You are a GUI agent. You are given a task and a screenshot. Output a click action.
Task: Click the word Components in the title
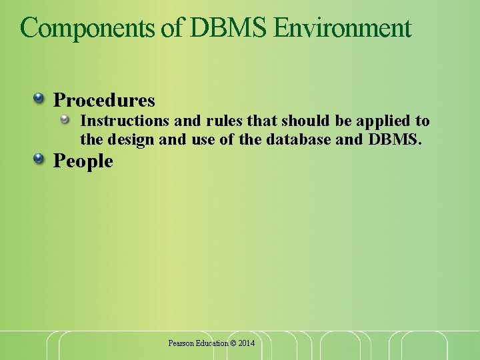click(x=89, y=28)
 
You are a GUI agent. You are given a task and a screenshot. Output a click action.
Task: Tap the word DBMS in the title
click(x=229, y=28)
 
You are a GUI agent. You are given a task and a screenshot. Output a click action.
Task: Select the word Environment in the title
click(x=342, y=28)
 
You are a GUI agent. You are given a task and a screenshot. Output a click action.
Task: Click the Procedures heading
click(x=104, y=100)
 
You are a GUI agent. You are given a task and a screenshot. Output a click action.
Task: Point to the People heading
click(x=83, y=161)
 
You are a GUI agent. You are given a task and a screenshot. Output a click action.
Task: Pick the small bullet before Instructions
click(x=65, y=120)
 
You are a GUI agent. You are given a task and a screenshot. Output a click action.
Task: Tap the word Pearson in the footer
click(x=180, y=343)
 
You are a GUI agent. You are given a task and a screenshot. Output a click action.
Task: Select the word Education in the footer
click(x=211, y=343)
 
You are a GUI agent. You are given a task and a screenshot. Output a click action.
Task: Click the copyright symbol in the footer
click(x=233, y=343)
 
